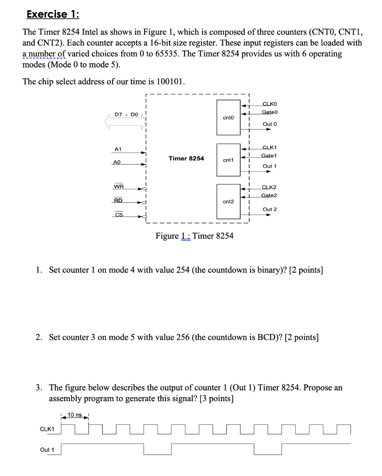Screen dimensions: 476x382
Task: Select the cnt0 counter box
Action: pos(228,118)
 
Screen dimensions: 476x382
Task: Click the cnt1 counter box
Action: pos(228,160)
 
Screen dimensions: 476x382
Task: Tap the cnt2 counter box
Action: pos(228,202)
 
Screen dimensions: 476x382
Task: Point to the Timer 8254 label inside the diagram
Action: pos(186,159)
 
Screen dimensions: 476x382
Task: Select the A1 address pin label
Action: pos(118,149)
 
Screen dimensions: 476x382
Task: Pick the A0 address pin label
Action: pos(118,163)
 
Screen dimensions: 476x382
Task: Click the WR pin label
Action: pos(119,187)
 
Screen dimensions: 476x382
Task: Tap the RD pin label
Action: pos(119,201)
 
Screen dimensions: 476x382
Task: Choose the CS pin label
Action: pos(119,214)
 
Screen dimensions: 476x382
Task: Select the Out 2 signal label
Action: pos(270,210)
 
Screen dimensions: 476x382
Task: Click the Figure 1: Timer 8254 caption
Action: pos(194,236)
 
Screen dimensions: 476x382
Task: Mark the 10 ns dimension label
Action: pos(75,415)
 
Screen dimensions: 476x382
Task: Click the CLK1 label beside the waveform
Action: pos(46,429)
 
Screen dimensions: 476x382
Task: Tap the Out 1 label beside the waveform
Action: pos(47,450)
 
